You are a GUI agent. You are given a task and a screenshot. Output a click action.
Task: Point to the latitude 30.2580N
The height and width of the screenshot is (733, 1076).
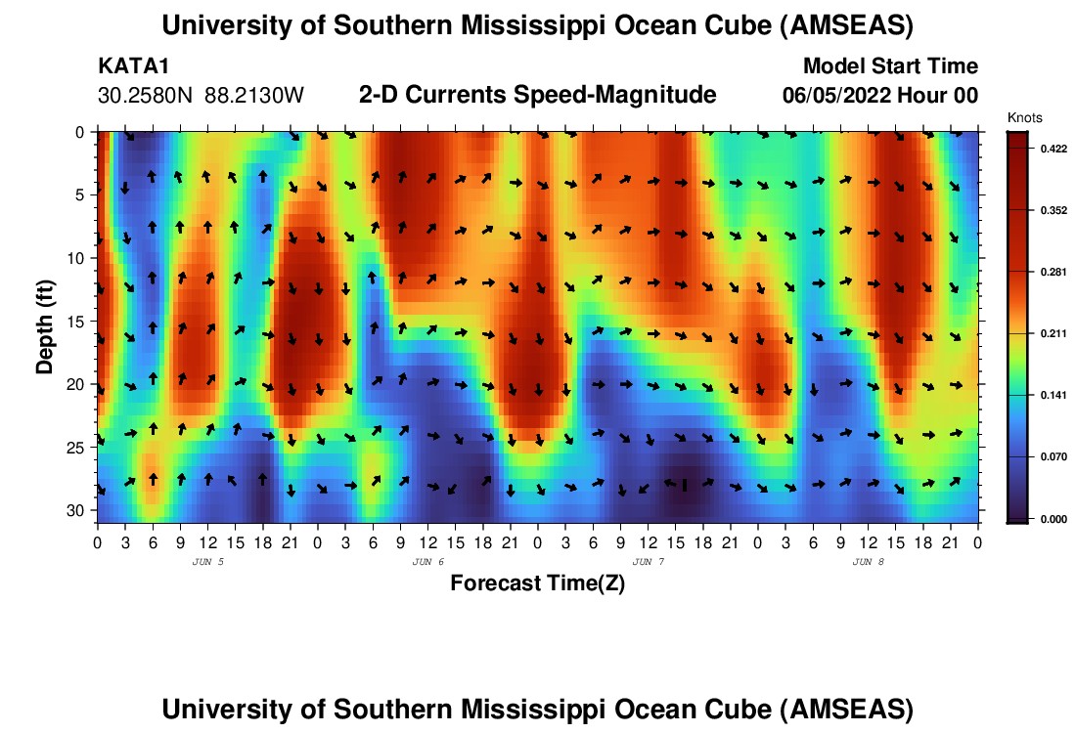click(x=147, y=96)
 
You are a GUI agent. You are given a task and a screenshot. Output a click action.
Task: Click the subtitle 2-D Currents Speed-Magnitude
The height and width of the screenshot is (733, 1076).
click(x=537, y=95)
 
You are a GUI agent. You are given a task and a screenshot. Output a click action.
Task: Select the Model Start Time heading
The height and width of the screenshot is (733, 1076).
click(x=889, y=66)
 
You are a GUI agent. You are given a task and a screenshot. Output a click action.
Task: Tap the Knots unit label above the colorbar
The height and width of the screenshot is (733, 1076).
click(x=1025, y=117)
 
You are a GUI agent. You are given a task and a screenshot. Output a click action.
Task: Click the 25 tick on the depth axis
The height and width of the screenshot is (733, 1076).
click(x=81, y=448)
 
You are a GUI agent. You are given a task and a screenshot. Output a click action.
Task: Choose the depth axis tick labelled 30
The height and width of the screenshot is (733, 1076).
click(x=81, y=510)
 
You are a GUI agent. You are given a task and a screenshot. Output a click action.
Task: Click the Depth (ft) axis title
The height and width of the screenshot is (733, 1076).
click(x=44, y=325)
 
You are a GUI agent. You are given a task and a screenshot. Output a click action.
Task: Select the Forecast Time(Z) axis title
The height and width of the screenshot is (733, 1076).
click(x=537, y=583)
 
